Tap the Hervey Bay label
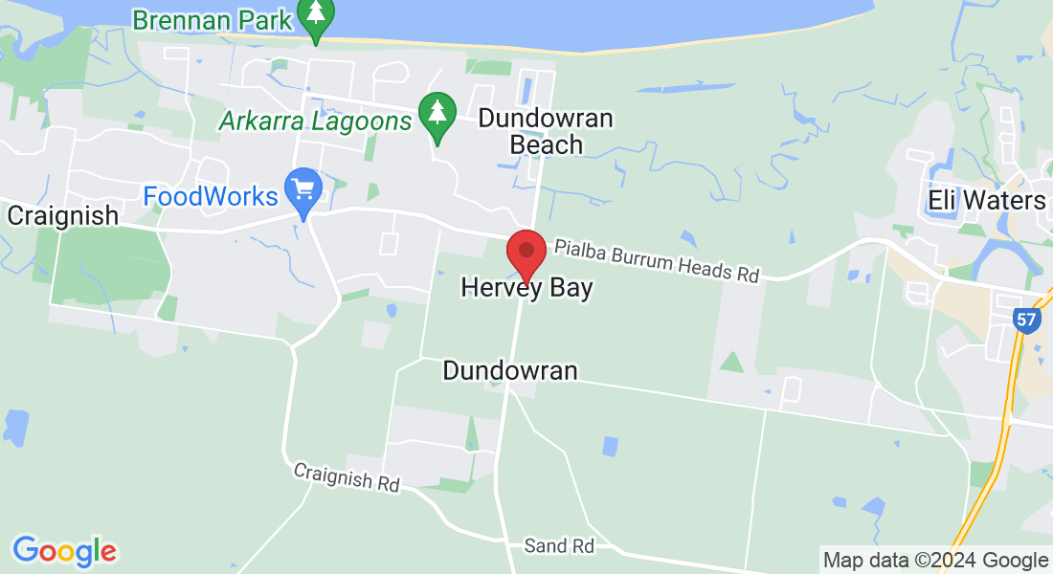pos(526,288)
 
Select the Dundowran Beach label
pos(546,132)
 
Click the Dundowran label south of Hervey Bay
pos(510,371)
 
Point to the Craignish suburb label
pos(63,215)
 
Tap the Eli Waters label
pos(987,200)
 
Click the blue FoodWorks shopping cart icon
pos(304,189)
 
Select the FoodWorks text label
pos(211,197)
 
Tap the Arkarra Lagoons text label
pos(315,121)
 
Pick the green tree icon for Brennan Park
pos(315,16)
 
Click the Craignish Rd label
pos(347,477)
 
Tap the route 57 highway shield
pos(1026,320)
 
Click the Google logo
pos(64,551)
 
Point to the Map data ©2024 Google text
pos(935,560)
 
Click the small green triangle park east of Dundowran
pos(731,363)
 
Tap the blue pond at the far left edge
pos(16,423)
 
